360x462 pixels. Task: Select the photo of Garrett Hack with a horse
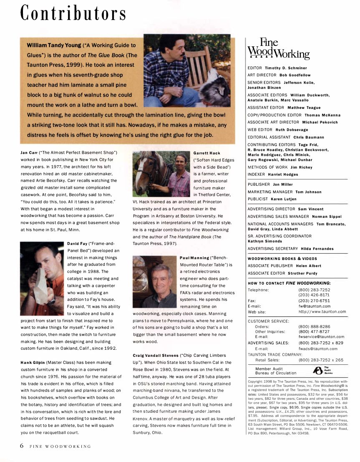[x=161, y=173]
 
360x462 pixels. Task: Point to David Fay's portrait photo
[x=42, y=273]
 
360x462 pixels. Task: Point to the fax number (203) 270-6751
[x=314, y=300]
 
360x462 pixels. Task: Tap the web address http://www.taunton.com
[x=322, y=311]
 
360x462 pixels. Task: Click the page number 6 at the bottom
[x=22, y=445]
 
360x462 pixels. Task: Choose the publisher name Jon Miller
[x=282, y=184]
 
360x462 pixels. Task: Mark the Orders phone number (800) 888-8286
[x=314, y=326]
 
